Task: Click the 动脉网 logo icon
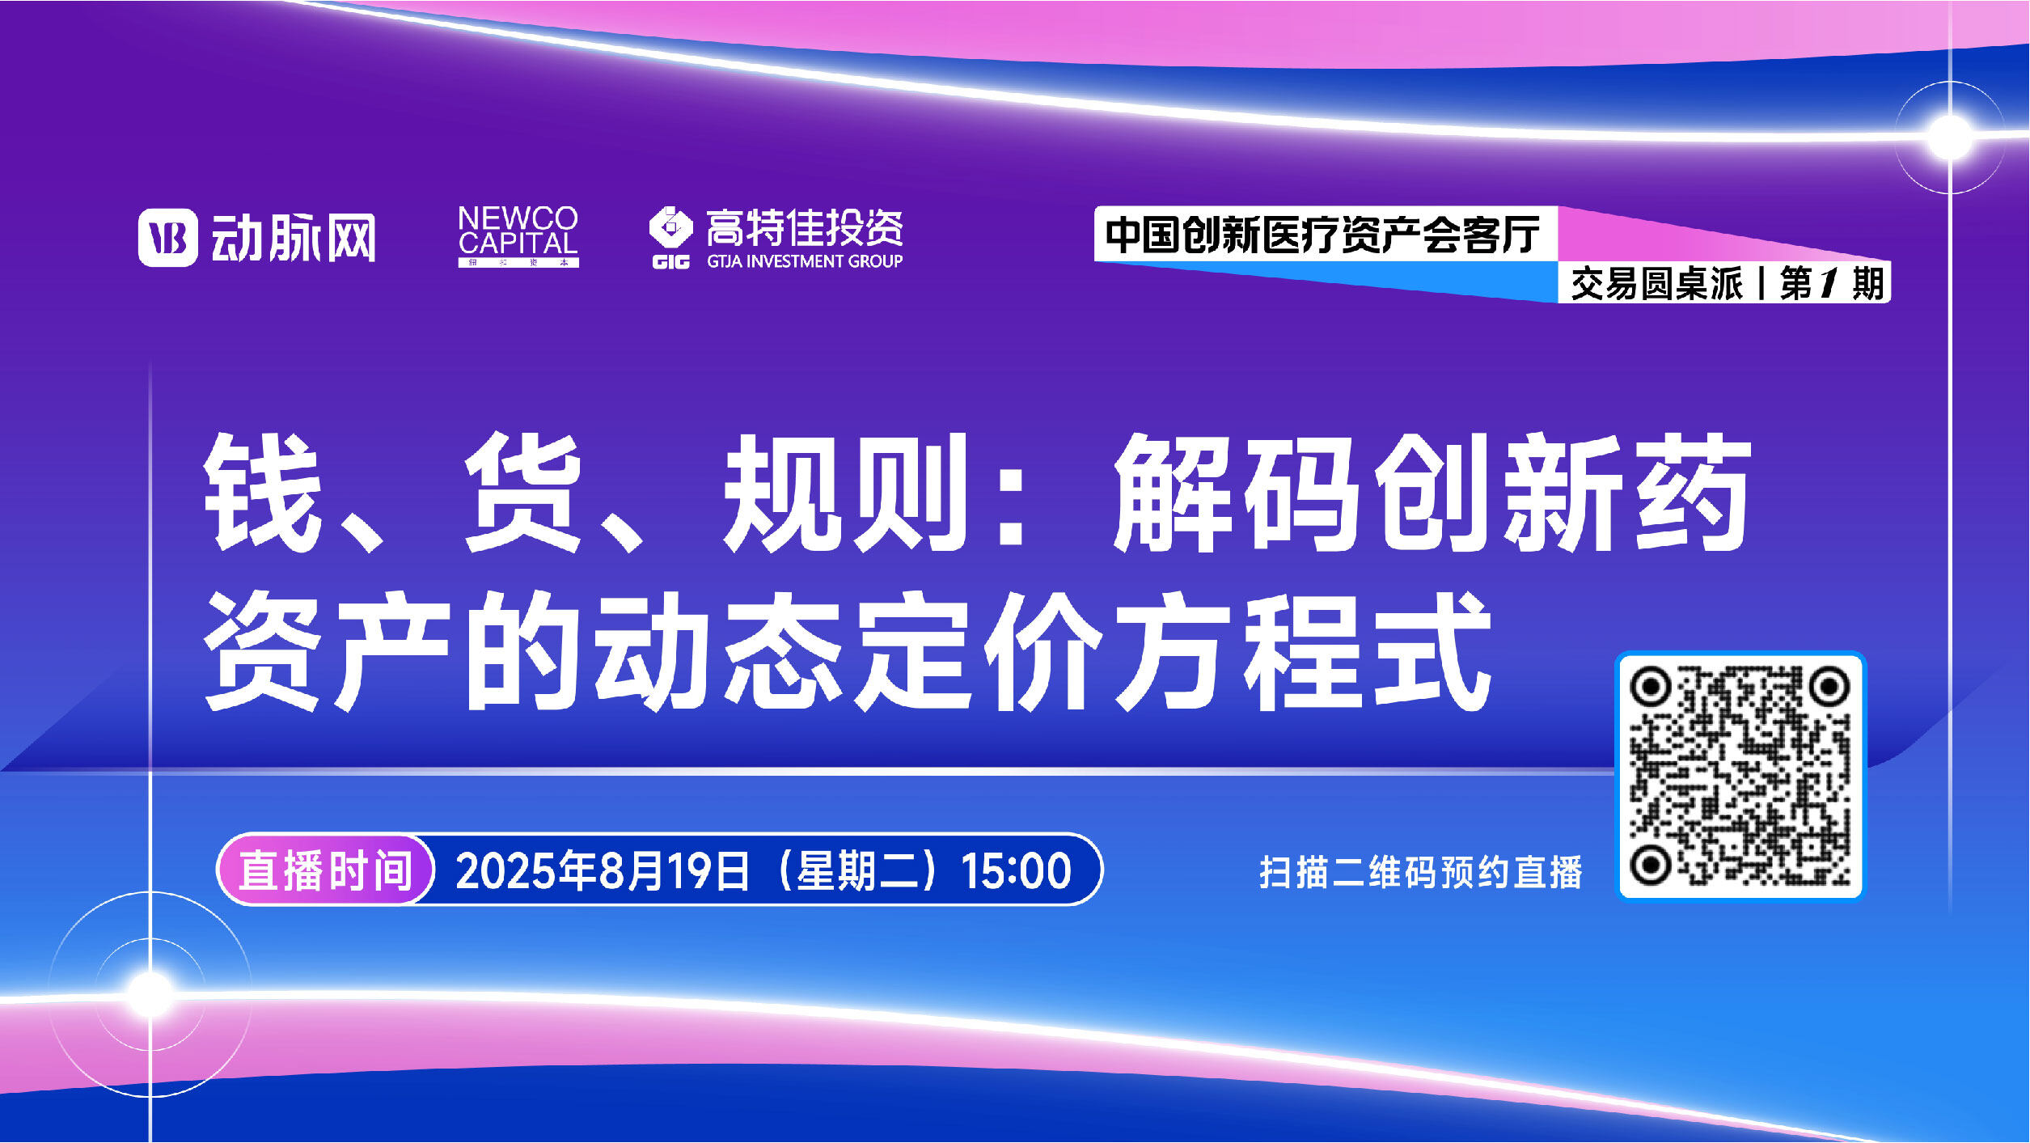point(167,237)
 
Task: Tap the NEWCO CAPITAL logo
point(518,235)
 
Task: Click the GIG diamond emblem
point(670,228)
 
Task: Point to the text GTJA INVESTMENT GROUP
point(805,261)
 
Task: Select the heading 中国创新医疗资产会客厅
point(1323,235)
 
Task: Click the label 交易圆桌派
point(1656,284)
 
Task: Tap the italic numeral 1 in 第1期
point(1826,283)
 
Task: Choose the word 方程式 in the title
point(1302,651)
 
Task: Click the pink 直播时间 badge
point(326,870)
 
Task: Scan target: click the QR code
point(1740,775)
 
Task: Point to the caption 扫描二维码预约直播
point(1421,872)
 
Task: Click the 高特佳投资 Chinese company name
point(805,228)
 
